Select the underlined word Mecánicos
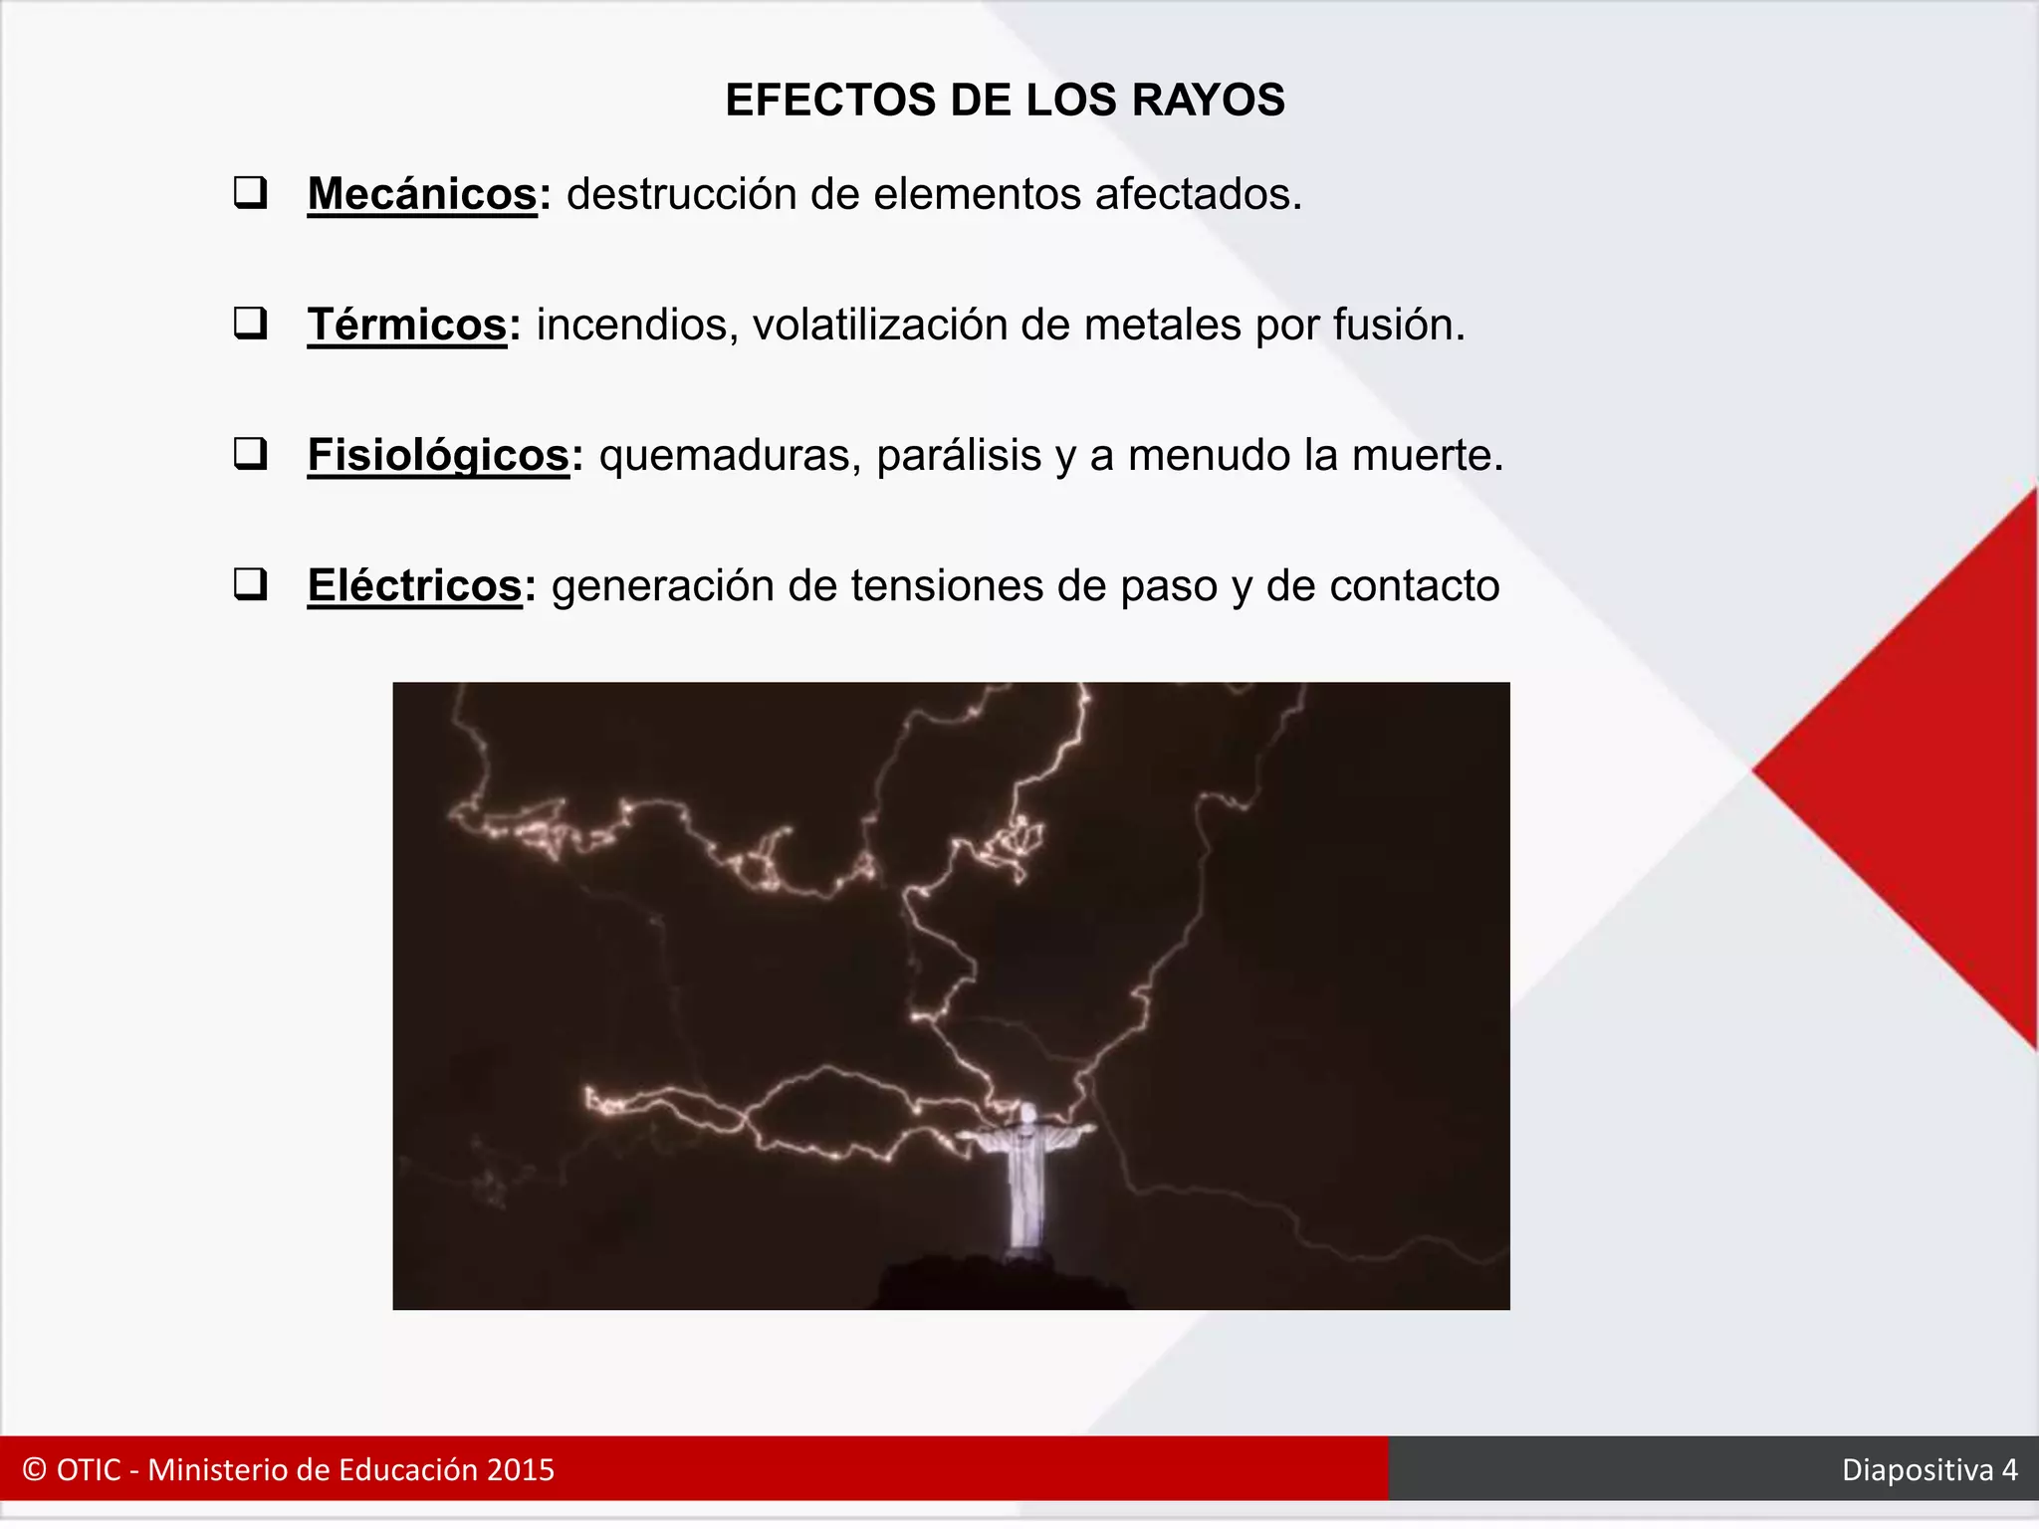[x=422, y=194]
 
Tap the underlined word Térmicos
[x=407, y=325]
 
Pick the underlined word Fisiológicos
[x=438, y=455]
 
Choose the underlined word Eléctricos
[x=414, y=585]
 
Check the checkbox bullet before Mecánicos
[x=250, y=192]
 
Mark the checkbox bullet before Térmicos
[x=250, y=324]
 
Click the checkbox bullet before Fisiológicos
[x=250, y=454]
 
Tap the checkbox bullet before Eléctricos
[x=250, y=584]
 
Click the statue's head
[x=1026, y=1111]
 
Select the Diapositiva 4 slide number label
[x=1928, y=1470]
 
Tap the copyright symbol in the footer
[x=35, y=1470]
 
